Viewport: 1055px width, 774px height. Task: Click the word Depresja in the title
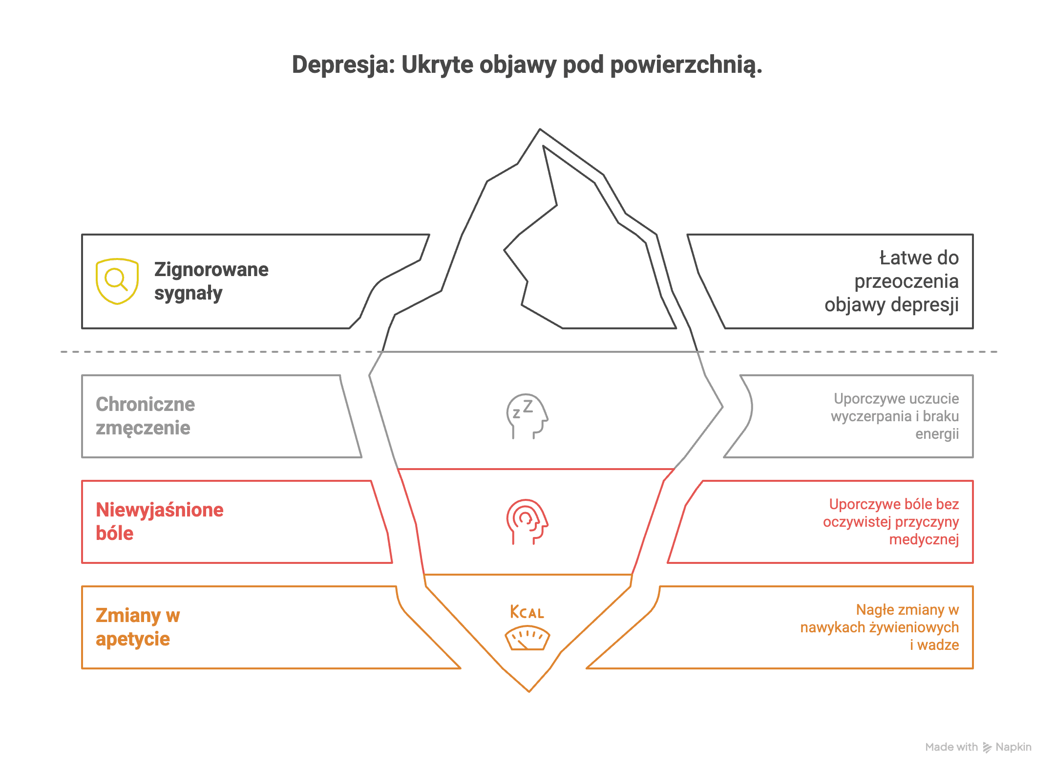click(x=343, y=65)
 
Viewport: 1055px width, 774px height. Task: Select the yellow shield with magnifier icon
click(x=117, y=281)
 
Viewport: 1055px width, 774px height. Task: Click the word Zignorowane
click(x=211, y=269)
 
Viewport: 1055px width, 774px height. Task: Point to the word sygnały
click(x=189, y=293)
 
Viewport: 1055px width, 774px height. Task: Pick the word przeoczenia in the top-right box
click(x=906, y=281)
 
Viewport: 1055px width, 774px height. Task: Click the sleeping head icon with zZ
click(x=527, y=416)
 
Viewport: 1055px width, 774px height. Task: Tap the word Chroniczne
click(x=146, y=404)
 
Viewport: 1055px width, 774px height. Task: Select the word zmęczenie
click(x=143, y=428)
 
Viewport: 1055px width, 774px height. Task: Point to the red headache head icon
click(x=527, y=521)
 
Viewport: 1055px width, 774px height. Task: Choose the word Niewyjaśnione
click(x=160, y=510)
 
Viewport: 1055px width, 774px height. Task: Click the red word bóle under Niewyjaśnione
click(x=115, y=534)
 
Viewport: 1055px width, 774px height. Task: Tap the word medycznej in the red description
click(x=924, y=539)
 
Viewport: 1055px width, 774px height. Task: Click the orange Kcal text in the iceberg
click(x=527, y=612)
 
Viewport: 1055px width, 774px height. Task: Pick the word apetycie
click(x=133, y=639)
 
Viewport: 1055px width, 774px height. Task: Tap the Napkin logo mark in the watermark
click(x=987, y=747)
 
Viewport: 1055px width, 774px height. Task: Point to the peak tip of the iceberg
click(x=540, y=130)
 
